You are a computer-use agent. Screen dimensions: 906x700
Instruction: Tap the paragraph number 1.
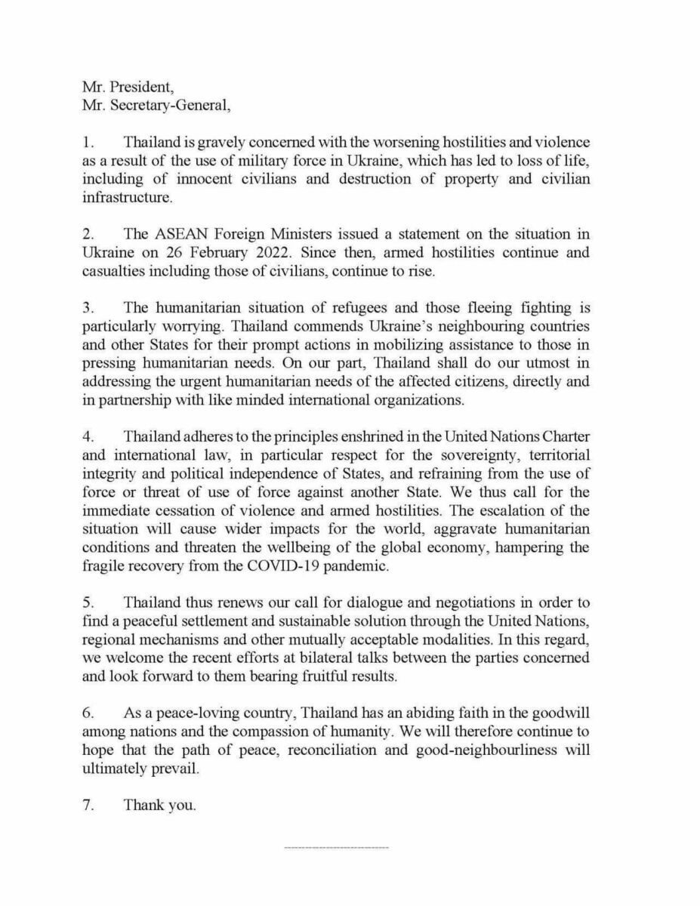(x=87, y=142)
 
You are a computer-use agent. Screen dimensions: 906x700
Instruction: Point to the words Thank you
(x=159, y=805)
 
